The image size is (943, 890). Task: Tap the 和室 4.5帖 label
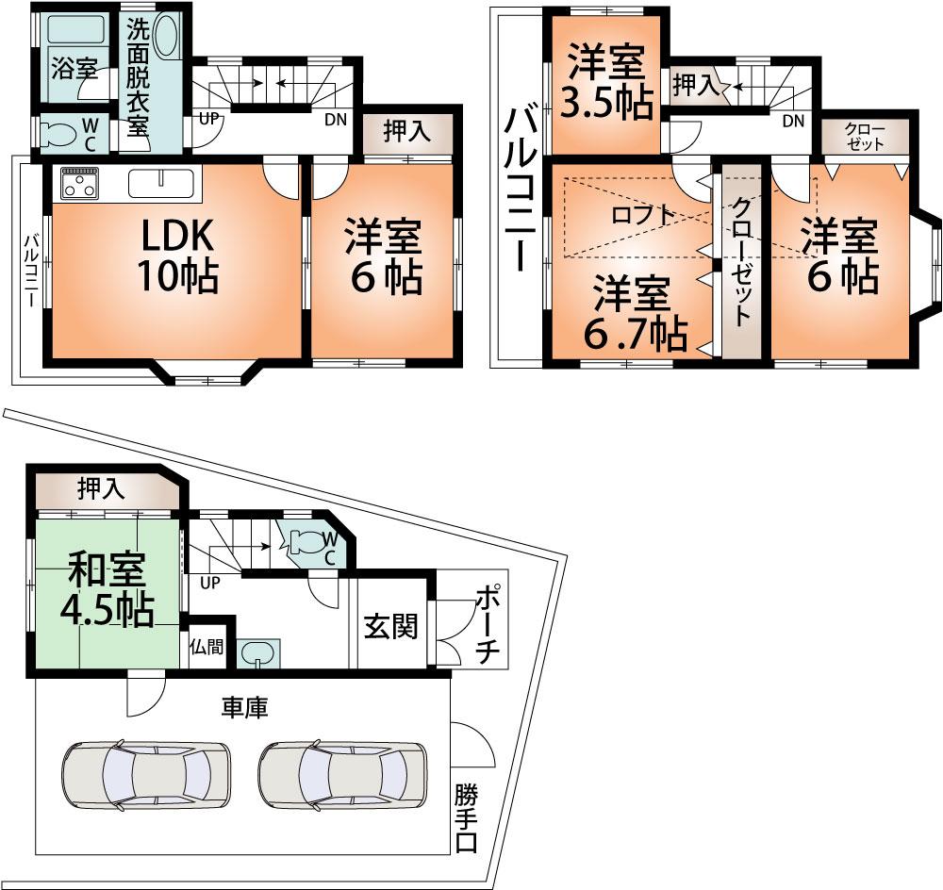[x=106, y=590]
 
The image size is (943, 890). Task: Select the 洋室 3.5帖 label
[x=606, y=83]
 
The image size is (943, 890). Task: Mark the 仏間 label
[x=207, y=648]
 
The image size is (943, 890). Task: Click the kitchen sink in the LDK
[x=162, y=180]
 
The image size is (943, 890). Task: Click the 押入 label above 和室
[x=101, y=488]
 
